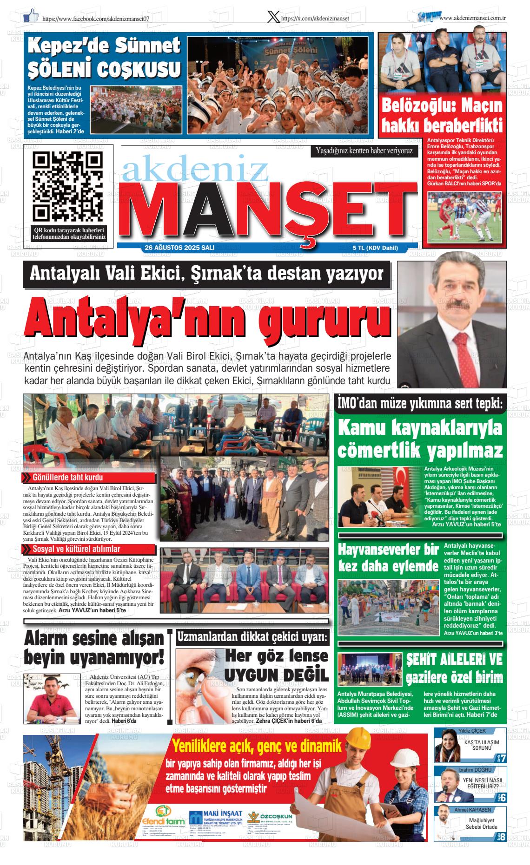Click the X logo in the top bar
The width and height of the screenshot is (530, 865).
[x=274, y=17]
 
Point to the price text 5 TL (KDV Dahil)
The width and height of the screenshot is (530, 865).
[x=376, y=248]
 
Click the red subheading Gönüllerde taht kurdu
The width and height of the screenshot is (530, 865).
[x=68, y=477]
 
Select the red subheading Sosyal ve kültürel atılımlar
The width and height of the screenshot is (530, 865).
[x=76, y=549]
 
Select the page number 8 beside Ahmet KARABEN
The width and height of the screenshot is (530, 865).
[x=503, y=835]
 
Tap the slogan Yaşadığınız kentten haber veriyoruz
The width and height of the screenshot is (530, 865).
[x=364, y=151]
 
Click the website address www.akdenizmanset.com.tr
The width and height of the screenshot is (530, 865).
[x=472, y=18]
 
